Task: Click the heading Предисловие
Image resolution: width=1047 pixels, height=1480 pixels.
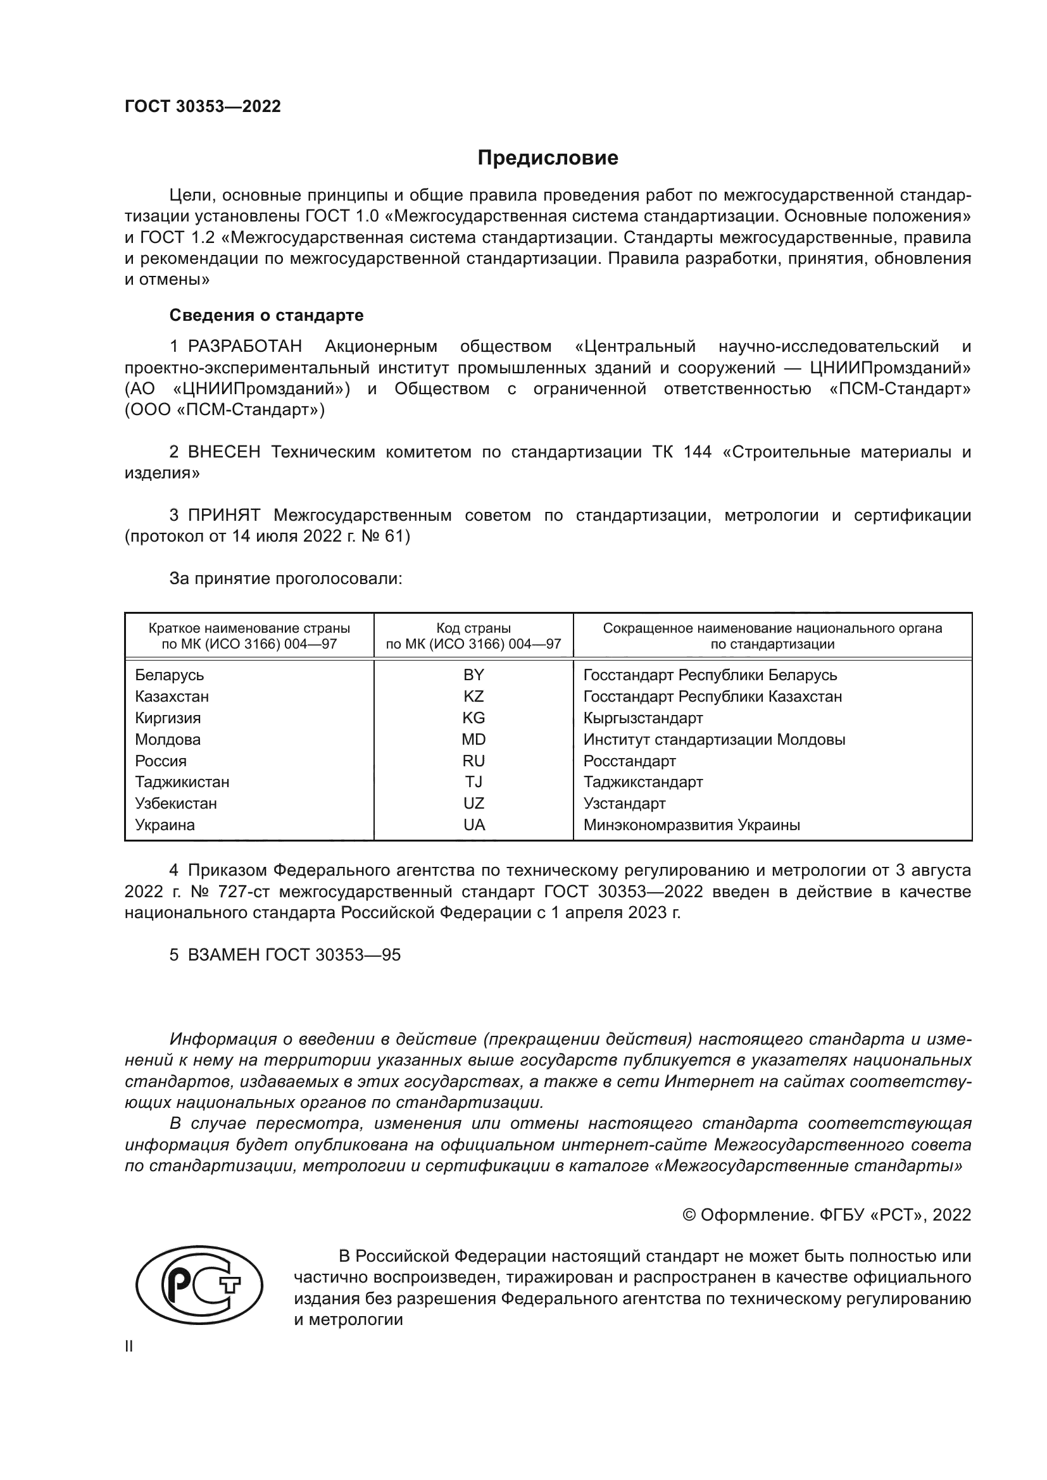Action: pos(548,158)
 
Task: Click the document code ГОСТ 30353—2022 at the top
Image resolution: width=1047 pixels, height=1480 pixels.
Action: pos(203,106)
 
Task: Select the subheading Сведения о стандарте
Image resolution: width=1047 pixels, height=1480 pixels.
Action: pos(266,315)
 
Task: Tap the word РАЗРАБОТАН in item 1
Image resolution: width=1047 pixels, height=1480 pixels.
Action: pos(244,346)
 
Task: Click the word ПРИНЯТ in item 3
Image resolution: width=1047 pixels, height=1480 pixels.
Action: pos(223,515)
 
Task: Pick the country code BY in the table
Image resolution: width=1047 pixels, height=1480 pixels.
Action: pos(473,675)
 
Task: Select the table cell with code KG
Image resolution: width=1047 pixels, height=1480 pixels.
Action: pos(473,718)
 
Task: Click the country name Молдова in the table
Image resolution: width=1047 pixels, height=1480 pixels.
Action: pos(168,739)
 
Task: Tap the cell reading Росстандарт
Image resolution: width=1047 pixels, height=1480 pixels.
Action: pos(629,761)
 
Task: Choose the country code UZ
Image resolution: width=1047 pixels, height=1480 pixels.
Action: pos(473,803)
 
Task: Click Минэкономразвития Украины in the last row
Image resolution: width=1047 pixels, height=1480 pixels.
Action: pos(691,824)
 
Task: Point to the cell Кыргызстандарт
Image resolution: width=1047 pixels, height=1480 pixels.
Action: pos(643,718)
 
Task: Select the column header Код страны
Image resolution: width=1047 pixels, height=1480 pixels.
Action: pos(473,628)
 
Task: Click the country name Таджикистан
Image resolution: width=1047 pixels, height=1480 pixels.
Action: pos(182,782)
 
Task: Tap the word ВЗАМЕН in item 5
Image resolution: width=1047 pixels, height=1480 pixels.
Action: pos(223,955)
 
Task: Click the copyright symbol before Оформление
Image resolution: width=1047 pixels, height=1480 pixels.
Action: pos(689,1215)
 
